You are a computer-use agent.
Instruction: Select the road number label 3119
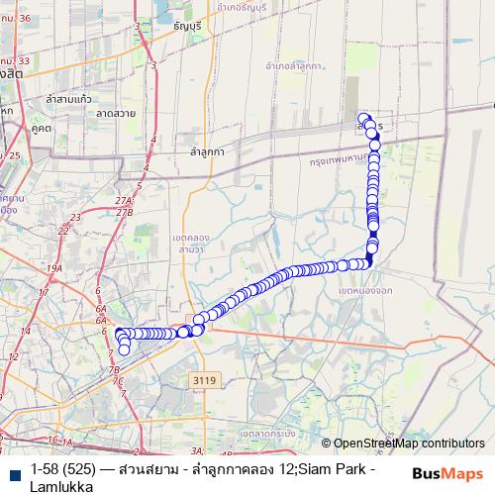[x=205, y=378]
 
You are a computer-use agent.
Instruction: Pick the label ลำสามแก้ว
[x=68, y=99]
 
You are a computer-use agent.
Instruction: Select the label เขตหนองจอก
[x=363, y=293]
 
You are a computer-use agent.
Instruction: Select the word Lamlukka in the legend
[x=61, y=486]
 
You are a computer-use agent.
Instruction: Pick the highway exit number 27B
[x=124, y=212]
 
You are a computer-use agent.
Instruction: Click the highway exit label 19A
[x=53, y=268]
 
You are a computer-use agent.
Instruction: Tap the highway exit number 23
[x=63, y=230]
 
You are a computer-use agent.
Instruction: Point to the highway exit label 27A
[x=124, y=201]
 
